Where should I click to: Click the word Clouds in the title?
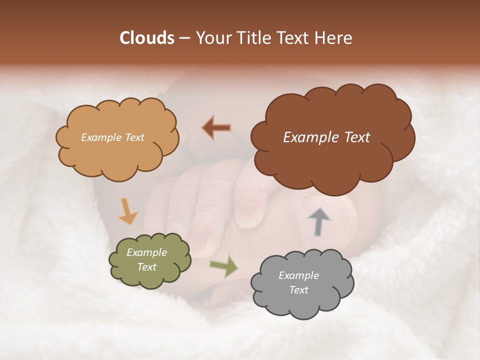pyautogui.click(x=147, y=38)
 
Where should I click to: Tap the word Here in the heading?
pyautogui.click(x=333, y=38)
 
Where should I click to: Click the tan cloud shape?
pyautogui.click(x=117, y=150)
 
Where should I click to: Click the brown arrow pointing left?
pyautogui.click(x=216, y=127)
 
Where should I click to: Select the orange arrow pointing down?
pyautogui.click(x=128, y=211)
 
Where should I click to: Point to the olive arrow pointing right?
pyautogui.click(x=224, y=266)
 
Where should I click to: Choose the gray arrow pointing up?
pyautogui.click(x=318, y=221)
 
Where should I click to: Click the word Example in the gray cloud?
pyautogui.click(x=298, y=275)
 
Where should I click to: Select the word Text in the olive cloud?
pyautogui.click(x=147, y=267)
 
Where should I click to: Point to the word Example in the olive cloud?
pyautogui.click(x=147, y=252)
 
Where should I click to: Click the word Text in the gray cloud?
pyautogui.click(x=298, y=290)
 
